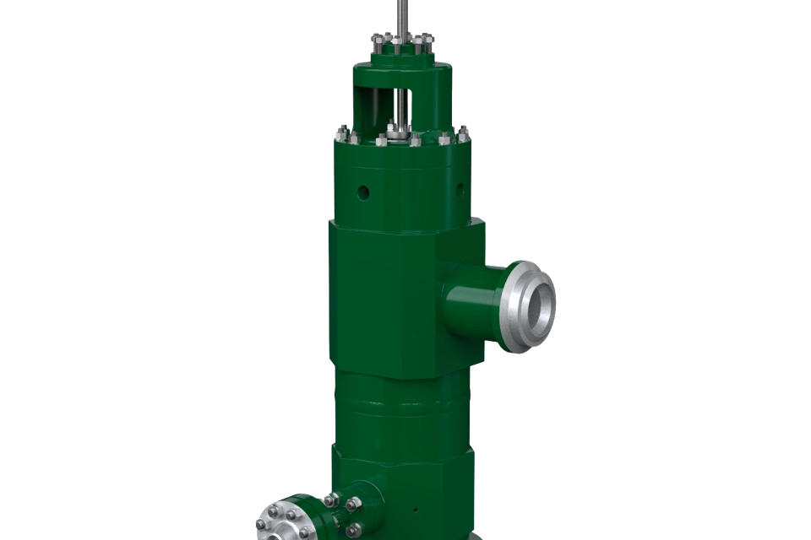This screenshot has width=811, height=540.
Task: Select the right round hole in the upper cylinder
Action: click(x=460, y=187)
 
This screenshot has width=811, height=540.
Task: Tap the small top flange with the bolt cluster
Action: click(x=401, y=51)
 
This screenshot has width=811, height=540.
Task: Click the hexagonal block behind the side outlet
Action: click(x=384, y=295)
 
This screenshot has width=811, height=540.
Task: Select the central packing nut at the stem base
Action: click(x=397, y=132)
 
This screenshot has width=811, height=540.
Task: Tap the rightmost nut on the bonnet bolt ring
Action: click(x=463, y=132)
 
